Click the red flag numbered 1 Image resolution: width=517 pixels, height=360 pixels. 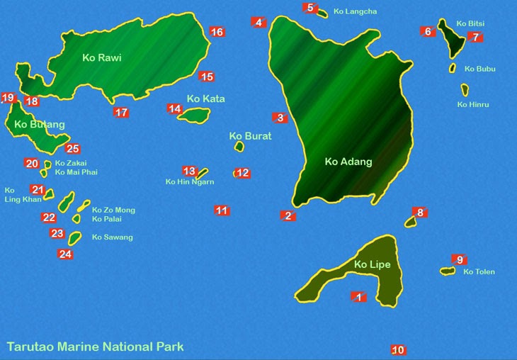pos(358,297)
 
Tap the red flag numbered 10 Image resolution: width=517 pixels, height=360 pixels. pos(398,350)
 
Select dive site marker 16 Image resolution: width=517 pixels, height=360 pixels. pos(217,32)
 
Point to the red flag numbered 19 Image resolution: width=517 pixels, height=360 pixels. pos(8,98)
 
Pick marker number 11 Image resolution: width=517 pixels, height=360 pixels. pos(222,210)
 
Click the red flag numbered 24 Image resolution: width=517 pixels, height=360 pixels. pos(65,254)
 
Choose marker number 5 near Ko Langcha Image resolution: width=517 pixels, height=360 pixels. pos(309,8)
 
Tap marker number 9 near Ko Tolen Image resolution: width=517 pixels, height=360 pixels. pos(459,260)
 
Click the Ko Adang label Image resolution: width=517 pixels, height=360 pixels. pos(348,162)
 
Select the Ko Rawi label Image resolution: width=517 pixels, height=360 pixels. pos(101,58)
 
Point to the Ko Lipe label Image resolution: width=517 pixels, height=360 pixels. pos(372,265)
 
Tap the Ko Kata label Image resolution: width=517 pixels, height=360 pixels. pos(205,99)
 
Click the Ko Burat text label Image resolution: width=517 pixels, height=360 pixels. pos(250,136)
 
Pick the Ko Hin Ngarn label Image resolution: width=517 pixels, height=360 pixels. pos(189,182)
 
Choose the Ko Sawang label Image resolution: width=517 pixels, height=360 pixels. pos(112,237)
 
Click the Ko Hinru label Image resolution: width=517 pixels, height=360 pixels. pos(473,105)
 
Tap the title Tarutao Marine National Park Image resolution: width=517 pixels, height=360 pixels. pos(95,347)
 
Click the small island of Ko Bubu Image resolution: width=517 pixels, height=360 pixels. pos(452,68)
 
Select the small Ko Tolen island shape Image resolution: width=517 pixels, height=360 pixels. pos(447,271)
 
